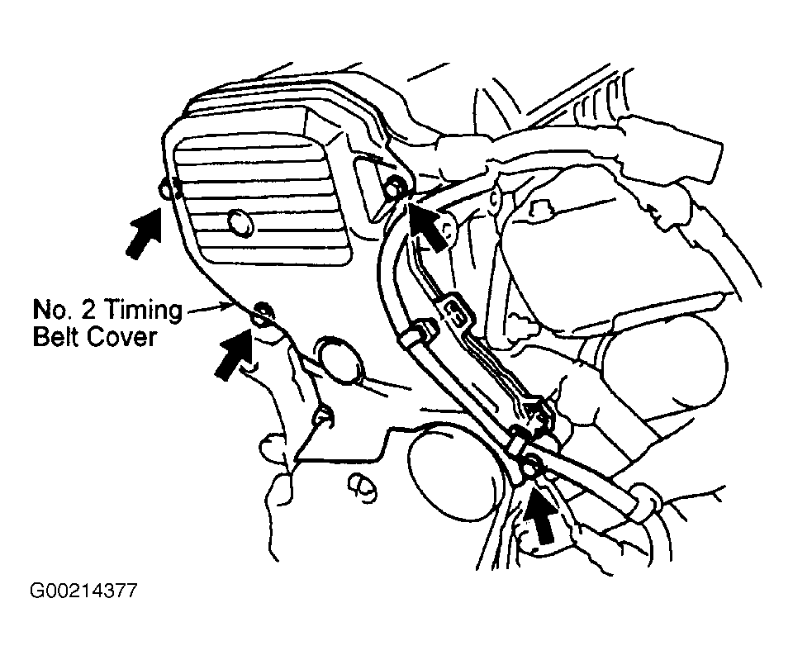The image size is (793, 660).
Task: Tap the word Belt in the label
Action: [x=55, y=338]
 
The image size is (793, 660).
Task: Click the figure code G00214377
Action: [x=83, y=591]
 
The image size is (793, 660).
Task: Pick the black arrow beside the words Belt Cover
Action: [x=233, y=352]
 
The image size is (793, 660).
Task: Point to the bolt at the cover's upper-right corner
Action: [x=396, y=188]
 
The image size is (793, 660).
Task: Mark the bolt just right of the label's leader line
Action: [x=263, y=311]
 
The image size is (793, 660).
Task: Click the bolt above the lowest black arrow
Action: [x=532, y=467]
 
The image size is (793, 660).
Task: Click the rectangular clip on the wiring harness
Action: [x=459, y=312]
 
